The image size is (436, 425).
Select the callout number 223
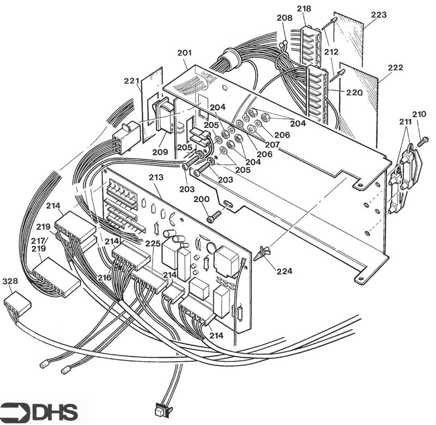379,15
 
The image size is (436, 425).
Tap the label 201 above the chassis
185,53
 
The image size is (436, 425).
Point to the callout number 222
395,68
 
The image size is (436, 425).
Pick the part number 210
419,114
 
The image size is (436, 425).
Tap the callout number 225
153,244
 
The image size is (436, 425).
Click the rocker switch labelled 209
162,116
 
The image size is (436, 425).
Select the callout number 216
104,278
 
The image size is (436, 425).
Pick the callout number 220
354,93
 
